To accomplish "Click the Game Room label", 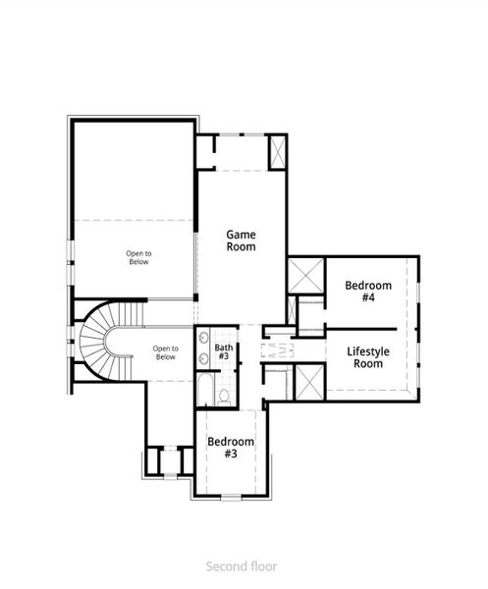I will (241, 241).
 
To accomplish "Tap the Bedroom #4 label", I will (368, 292).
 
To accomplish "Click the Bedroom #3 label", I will (231, 448).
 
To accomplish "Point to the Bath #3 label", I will (225, 351).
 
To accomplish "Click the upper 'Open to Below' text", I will (138, 258).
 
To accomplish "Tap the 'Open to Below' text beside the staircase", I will (165, 352).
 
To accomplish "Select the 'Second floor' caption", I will (242, 565).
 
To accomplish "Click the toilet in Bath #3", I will (224, 395).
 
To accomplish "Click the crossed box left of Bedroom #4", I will (304, 274).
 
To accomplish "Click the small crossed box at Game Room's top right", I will (276, 152).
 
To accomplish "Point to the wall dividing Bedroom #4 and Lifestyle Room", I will (361, 327).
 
